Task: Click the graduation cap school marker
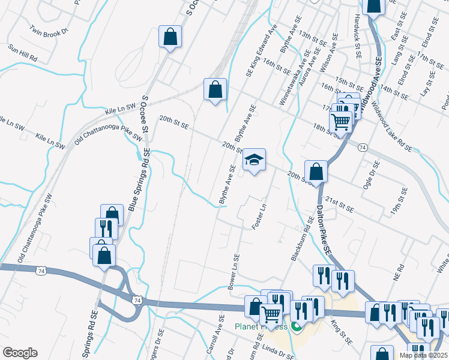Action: (254, 161)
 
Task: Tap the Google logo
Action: (20, 353)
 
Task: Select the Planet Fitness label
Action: (261, 327)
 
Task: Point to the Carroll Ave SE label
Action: (218, 334)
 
